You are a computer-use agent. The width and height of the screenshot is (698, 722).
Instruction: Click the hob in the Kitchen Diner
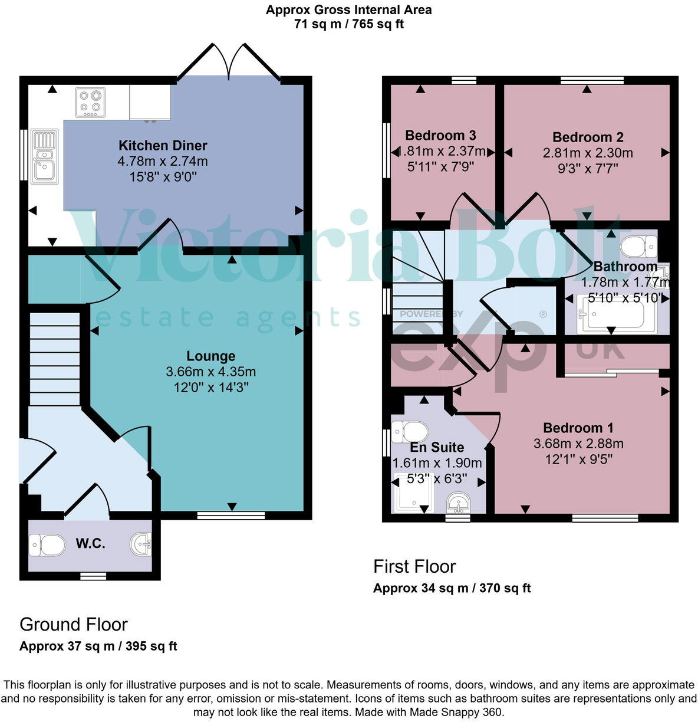[90, 102]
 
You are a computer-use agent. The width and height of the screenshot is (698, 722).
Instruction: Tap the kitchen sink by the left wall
[44, 157]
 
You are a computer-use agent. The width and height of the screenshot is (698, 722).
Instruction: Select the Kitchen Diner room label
[163, 145]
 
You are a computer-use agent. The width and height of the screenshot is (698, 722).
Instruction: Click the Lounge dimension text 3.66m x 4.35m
[210, 372]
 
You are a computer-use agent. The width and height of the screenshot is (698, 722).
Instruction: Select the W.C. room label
[91, 544]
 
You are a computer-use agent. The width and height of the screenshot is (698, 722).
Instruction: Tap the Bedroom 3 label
[440, 136]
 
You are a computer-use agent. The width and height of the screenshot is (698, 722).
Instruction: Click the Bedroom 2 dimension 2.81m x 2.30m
[588, 153]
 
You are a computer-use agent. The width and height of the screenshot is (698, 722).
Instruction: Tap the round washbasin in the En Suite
[458, 503]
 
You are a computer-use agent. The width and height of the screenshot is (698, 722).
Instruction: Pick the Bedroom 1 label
[578, 428]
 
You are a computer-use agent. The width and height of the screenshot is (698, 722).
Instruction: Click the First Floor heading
[414, 566]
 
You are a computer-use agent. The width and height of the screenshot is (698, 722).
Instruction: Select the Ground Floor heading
[74, 624]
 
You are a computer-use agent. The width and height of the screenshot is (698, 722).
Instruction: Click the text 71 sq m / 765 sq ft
[348, 24]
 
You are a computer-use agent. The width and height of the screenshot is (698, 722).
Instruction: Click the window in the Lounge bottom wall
[231, 515]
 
